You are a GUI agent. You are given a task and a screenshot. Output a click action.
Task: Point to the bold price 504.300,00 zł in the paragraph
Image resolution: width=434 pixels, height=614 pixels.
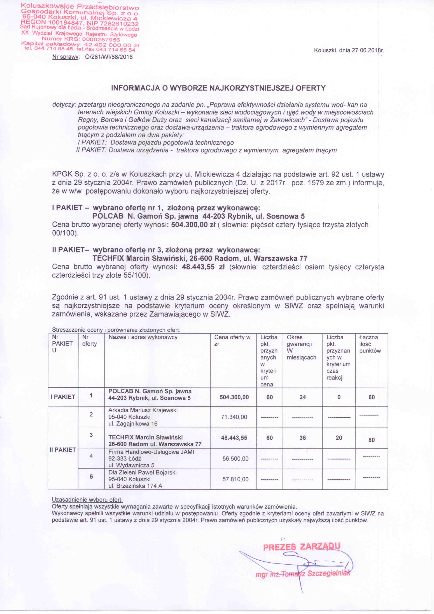(x=193, y=225)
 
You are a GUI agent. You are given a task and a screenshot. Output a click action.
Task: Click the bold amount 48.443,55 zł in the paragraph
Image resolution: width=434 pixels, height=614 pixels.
(x=203, y=267)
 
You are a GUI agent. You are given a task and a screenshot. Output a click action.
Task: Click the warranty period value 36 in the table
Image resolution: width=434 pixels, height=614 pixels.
(x=303, y=438)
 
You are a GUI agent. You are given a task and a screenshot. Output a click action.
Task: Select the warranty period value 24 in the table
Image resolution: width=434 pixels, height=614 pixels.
(x=303, y=397)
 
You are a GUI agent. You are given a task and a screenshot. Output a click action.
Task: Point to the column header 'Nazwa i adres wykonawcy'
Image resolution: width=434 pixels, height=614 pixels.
(x=143, y=337)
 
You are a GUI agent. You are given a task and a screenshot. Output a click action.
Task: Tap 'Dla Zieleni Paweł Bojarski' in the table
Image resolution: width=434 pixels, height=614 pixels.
(x=142, y=472)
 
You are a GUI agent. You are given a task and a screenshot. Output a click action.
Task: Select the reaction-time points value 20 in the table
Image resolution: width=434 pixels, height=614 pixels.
(x=339, y=438)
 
